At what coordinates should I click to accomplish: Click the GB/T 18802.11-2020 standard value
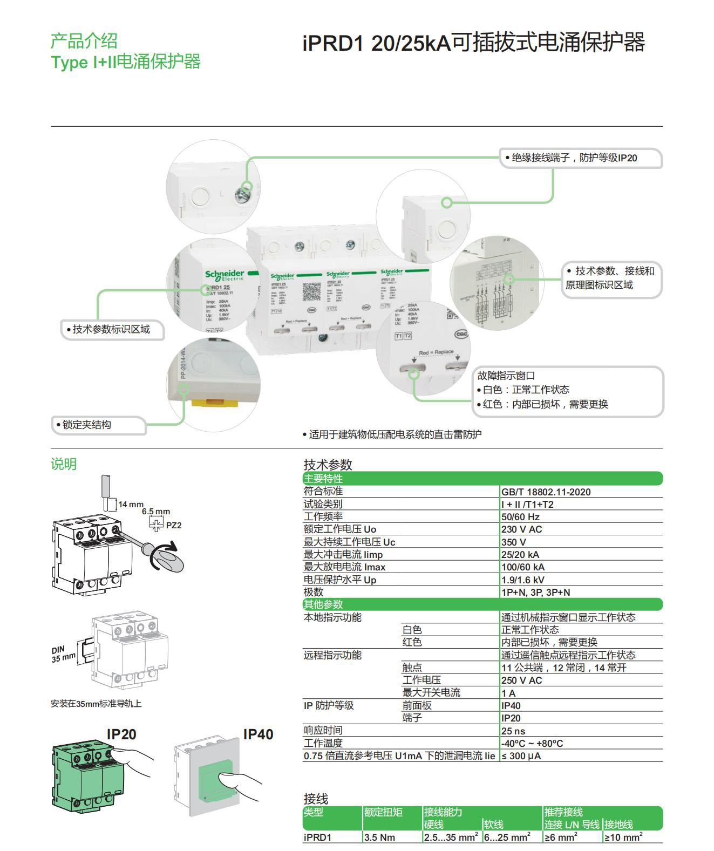click(546, 492)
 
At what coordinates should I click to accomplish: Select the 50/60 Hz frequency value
click(520, 516)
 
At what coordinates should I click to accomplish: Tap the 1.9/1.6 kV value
click(522, 580)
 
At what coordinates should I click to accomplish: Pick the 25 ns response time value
click(513, 731)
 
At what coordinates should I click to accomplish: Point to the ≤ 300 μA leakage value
click(521, 755)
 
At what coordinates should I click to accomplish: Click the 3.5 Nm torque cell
click(379, 837)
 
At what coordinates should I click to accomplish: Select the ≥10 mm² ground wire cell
click(623, 837)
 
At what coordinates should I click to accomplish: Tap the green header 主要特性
click(323, 479)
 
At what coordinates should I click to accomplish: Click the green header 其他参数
click(323, 604)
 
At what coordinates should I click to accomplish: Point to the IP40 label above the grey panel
click(258, 734)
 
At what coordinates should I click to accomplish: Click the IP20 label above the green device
click(121, 734)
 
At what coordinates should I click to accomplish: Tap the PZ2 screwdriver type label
click(174, 525)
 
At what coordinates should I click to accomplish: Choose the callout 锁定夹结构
click(87, 425)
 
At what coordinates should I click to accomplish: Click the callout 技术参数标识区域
click(111, 329)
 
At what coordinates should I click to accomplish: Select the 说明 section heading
click(64, 464)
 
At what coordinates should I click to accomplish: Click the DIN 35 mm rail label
click(63, 653)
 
